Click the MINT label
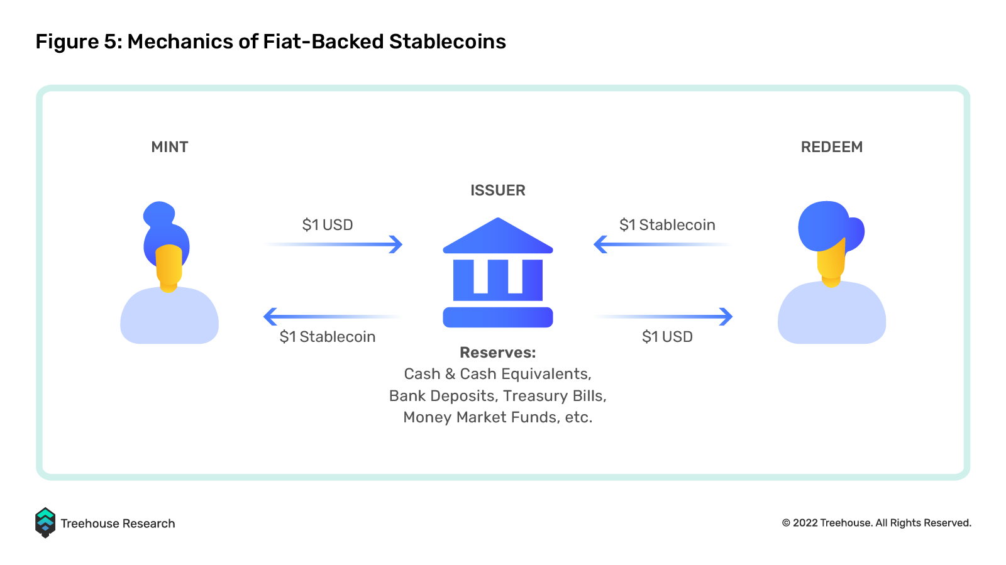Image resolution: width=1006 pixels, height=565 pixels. [169, 147]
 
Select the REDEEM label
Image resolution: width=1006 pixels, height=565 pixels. [832, 147]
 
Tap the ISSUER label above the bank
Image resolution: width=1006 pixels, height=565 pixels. [497, 190]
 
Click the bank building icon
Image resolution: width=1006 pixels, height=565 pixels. [497, 272]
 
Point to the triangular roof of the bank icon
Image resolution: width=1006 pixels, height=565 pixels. [497, 236]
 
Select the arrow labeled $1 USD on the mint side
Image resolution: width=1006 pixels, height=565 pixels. [333, 244]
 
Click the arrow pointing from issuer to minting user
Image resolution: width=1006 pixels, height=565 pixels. [333, 316]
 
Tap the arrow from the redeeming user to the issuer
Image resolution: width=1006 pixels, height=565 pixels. [663, 244]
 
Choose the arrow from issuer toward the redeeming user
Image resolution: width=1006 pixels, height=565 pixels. [663, 316]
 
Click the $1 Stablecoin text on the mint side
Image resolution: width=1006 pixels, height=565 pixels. [328, 337]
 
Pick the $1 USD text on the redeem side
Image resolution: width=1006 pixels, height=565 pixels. [667, 337]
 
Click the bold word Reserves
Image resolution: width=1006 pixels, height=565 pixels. [497, 353]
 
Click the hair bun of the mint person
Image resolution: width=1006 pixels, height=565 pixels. [158, 214]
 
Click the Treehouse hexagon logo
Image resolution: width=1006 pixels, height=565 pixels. [45, 523]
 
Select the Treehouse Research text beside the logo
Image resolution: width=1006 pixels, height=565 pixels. [118, 524]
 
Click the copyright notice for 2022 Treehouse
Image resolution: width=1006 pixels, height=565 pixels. [876, 523]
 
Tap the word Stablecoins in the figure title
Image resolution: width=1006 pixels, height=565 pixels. [447, 41]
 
